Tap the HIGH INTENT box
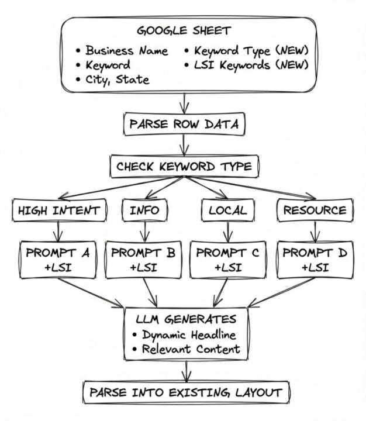tap(58, 210)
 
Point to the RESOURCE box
tap(315, 210)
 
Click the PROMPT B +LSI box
tap(144, 260)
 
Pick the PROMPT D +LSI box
tap(314, 260)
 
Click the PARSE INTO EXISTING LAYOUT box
tap(185, 392)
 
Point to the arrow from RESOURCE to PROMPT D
tap(315, 232)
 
